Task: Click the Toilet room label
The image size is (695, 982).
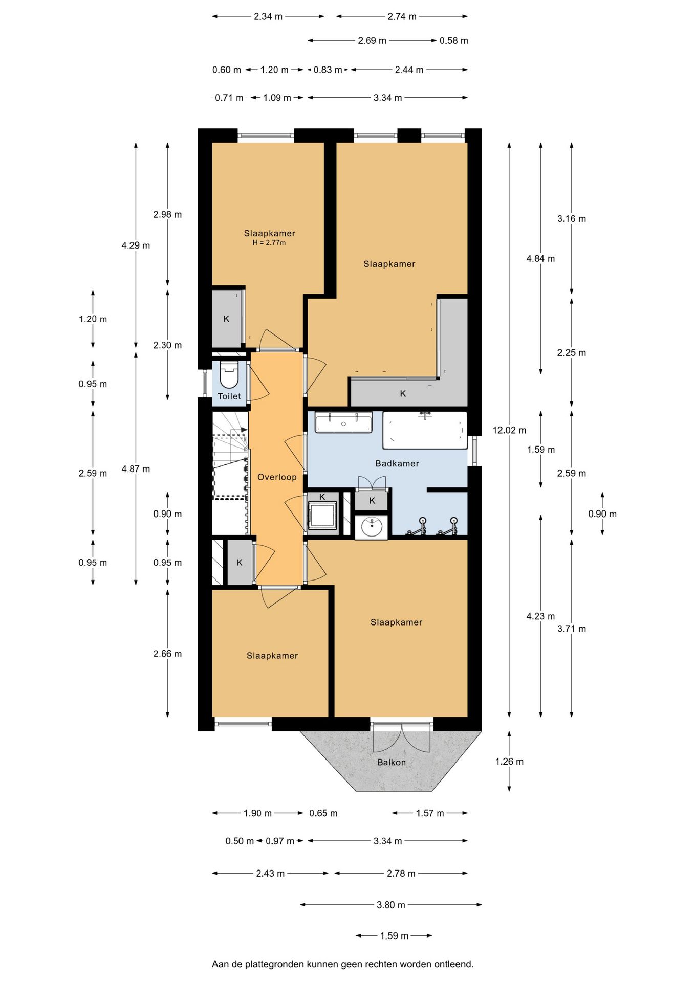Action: (229, 396)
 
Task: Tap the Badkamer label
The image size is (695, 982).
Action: (397, 464)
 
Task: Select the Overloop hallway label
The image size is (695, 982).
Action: (277, 477)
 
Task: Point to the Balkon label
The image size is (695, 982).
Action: (392, 763)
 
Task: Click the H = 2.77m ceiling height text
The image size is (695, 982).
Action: (269, 243)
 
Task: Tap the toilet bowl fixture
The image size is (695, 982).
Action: (229, 374)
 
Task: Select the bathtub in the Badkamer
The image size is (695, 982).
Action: (425, 430)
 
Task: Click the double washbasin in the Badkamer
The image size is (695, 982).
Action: (343, 422)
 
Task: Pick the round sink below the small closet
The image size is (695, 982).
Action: (372, 526)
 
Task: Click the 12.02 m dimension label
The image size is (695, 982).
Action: (509, 431)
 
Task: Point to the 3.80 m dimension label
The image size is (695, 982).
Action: (391, 905)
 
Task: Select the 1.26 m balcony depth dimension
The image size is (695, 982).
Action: (509, 762)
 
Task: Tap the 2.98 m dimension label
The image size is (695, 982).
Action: (167, 215)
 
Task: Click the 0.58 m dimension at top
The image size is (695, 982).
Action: (454, 41)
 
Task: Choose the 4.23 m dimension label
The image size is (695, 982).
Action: (540, 616)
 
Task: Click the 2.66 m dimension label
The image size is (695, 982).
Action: (167, 654)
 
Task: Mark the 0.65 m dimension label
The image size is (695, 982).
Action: (323, 813)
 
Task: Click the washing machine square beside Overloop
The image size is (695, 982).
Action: (322, 515)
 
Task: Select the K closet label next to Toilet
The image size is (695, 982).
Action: (226, 319)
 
